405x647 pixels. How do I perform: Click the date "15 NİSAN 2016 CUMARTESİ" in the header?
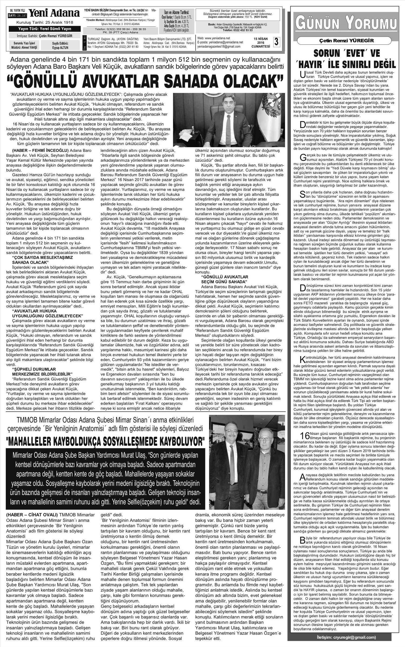click(261, 42)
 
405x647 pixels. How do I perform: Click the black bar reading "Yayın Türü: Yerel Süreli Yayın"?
click(45, 29)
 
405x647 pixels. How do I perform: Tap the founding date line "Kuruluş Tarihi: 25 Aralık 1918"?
click(45, 22)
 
